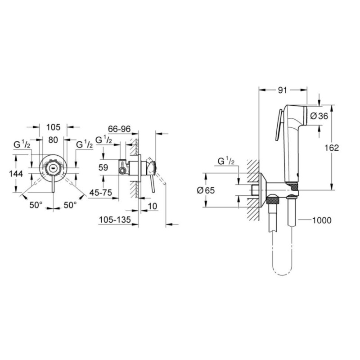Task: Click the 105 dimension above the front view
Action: click(53, 128)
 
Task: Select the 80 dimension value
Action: click(53, 140)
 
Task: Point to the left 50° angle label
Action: click(36, 205)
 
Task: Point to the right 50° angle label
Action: click(70, 205)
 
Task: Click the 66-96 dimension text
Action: click(119, 129)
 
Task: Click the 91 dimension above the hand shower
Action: click(282, 90)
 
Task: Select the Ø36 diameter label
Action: click(319, 116)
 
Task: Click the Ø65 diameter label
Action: click(205, 190)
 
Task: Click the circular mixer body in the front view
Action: click(53, 169)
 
